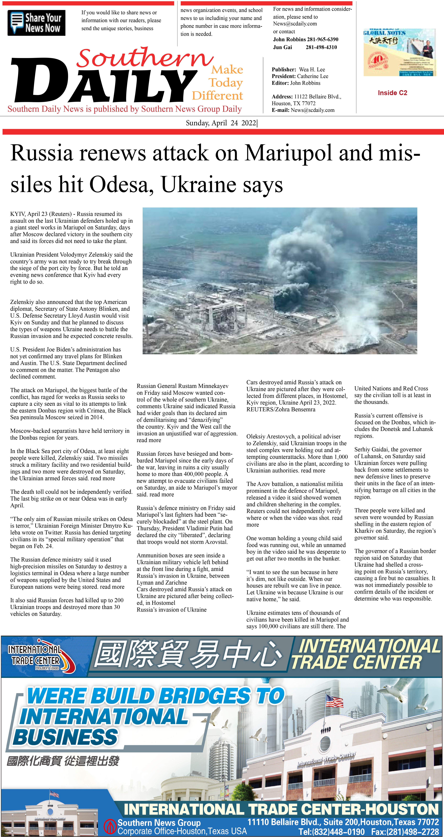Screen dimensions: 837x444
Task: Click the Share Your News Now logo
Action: (36, 23)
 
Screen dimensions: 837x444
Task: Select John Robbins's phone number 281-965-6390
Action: (322, 39)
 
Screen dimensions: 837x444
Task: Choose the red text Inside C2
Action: (392, 93)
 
